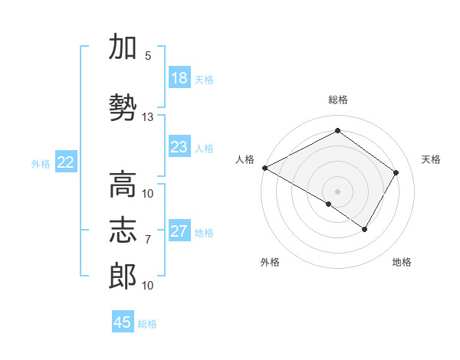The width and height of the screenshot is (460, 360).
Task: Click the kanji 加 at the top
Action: pos(123,47)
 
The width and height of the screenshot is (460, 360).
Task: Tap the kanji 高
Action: pos(123,185)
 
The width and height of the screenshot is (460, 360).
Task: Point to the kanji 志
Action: pos(123,230)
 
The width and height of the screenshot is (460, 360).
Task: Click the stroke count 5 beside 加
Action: pos(148,56)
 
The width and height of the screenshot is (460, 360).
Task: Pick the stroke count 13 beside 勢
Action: pos(148,117)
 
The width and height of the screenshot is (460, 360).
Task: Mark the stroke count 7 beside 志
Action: pos(148,240)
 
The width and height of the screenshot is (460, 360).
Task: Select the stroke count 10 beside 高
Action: pos(148,194)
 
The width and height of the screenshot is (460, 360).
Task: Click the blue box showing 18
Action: pos(179,78)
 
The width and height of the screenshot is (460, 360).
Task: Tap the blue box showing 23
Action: pos(179,147)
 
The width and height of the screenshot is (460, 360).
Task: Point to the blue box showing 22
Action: pos(66,162)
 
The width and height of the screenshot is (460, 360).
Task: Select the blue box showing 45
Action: pos(123,322)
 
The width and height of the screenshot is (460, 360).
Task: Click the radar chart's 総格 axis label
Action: pos(338,100)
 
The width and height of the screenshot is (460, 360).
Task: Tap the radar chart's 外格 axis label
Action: pos(270,263)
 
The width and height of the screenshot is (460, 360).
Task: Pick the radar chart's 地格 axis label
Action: pos(402,263)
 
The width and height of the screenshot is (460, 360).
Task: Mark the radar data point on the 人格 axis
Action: pos(264,168)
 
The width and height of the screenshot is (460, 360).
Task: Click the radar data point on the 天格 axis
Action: pos(396,173)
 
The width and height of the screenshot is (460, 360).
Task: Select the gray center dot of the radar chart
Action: pos(337,191)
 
